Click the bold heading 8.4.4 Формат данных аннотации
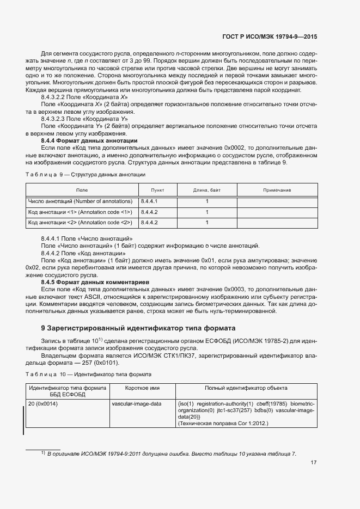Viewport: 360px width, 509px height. [x=89, y=140]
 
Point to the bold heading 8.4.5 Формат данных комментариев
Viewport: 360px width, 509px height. [x=94, y=282]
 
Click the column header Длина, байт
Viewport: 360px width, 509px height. [x=206, y=190]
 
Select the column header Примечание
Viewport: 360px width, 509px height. [x=277, y=190]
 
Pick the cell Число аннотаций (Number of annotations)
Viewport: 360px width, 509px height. [x=80, y=201]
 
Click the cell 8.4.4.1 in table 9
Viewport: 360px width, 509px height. [x=149, y=201]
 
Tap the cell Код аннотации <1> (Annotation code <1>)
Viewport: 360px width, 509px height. [x=80, y=212]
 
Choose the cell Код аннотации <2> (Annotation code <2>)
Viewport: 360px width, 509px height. [x=80, y=223]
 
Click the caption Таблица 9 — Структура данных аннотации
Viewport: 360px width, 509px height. [x=86, y=174]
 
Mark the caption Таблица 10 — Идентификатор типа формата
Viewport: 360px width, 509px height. [x=88, y=375]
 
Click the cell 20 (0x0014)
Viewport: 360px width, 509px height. [x=44, y=403]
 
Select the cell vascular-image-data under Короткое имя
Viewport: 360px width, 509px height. [x=136, y=403]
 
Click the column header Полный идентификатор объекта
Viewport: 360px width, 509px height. [x=246, y=388]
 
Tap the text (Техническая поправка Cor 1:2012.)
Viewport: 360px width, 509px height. [x=223, y=423]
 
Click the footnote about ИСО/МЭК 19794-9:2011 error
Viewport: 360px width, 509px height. [x=171, y=453]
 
